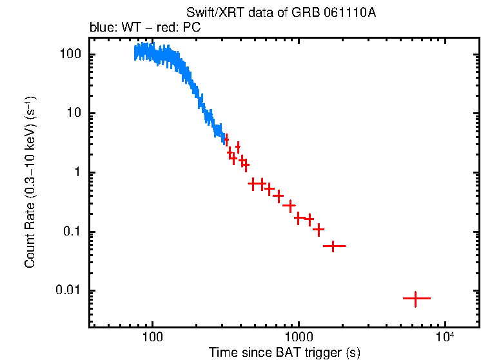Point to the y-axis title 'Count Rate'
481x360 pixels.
(30, 181)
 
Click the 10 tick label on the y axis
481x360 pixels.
(74, 114)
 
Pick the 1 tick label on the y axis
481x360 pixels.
(77, 172)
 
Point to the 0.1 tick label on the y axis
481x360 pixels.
(72, 232)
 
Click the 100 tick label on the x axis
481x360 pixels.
(152, 337)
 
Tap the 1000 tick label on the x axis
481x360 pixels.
(299, 337)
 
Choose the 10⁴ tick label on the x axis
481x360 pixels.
(444, 335)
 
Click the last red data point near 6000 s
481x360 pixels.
(416, 299)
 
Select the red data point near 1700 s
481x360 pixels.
(333, 246)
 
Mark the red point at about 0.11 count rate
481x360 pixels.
(318, 229)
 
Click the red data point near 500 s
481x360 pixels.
(253, 184)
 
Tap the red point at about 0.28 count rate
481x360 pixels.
(290, 205)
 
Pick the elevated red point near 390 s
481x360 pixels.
(238, 147)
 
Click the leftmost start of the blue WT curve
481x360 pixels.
(135, 54)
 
